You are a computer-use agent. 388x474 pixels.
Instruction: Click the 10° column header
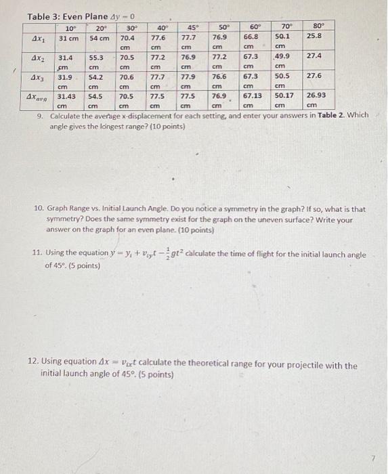[x=70, y=28]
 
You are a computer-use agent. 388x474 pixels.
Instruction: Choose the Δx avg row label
[x=38, y=98]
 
